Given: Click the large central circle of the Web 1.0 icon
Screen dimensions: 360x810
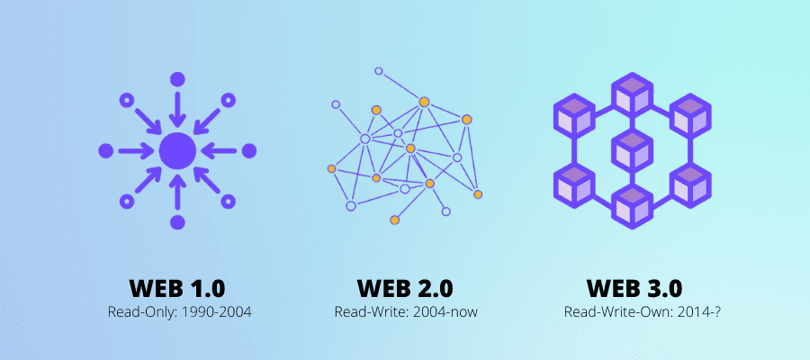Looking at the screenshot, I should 177,150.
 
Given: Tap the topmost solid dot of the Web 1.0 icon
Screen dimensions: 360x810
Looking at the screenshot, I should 177,78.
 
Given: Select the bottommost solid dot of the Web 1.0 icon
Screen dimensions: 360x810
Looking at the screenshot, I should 177,222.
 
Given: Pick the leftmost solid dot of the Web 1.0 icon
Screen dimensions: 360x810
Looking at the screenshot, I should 105,150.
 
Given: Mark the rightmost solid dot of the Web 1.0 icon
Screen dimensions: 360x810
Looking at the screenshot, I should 249,150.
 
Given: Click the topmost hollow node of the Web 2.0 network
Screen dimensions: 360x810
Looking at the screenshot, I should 379,71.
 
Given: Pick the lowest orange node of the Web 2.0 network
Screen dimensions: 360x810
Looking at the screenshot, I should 394,220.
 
